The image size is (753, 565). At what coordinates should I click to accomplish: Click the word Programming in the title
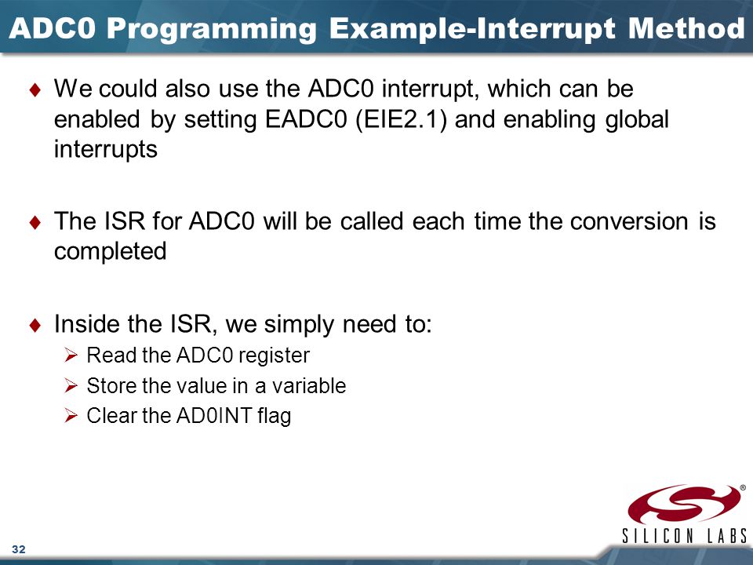click(211, 30)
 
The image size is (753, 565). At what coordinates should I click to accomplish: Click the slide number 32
click(19, 549)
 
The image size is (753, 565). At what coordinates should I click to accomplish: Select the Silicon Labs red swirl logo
click(684, 505)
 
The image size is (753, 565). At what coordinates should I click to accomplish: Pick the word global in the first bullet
click(637, 119)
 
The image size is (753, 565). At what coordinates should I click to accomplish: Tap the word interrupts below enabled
click(106, 149)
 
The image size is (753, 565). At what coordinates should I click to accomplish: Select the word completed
click(111, 251)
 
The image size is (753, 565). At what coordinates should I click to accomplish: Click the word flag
click(275, 416)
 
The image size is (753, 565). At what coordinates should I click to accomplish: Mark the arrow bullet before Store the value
click(71, 385)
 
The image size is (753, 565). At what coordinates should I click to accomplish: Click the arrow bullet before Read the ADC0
click(71, 355)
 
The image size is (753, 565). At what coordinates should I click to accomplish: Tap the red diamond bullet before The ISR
click(35, 221)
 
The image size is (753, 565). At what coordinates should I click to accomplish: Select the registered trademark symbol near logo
click(743, 487)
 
